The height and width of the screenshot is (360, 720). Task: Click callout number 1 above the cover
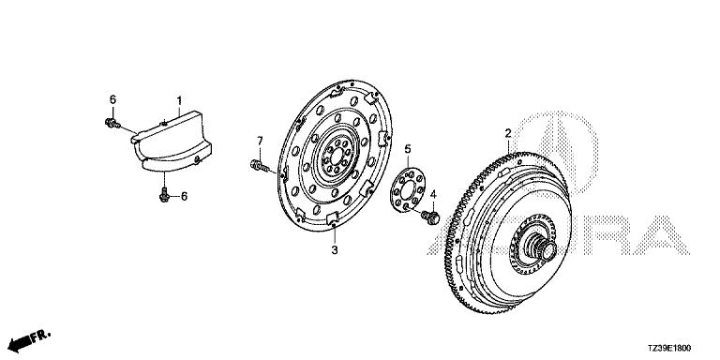[180, 99]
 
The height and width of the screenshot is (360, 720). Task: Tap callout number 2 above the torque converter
[508, 133]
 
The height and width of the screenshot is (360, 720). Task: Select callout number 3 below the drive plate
[335, 250]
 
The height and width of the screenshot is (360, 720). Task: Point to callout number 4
[433, 196]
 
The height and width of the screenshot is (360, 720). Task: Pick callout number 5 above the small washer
[407, 149]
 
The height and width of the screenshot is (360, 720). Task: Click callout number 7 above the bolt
[260, 140]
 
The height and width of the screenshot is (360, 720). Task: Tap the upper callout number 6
[112, 99]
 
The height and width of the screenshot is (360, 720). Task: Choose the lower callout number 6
[184, 197]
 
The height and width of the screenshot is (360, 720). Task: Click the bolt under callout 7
[260, 165]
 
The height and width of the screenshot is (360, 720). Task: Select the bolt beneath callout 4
[430, 217]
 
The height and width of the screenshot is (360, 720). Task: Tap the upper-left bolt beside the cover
[112, 123]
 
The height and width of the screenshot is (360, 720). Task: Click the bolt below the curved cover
[164, 194]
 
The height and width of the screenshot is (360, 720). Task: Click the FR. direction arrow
[29, 338]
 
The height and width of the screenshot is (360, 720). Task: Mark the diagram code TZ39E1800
[669, 349]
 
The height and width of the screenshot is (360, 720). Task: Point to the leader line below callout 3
[335, 234]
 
